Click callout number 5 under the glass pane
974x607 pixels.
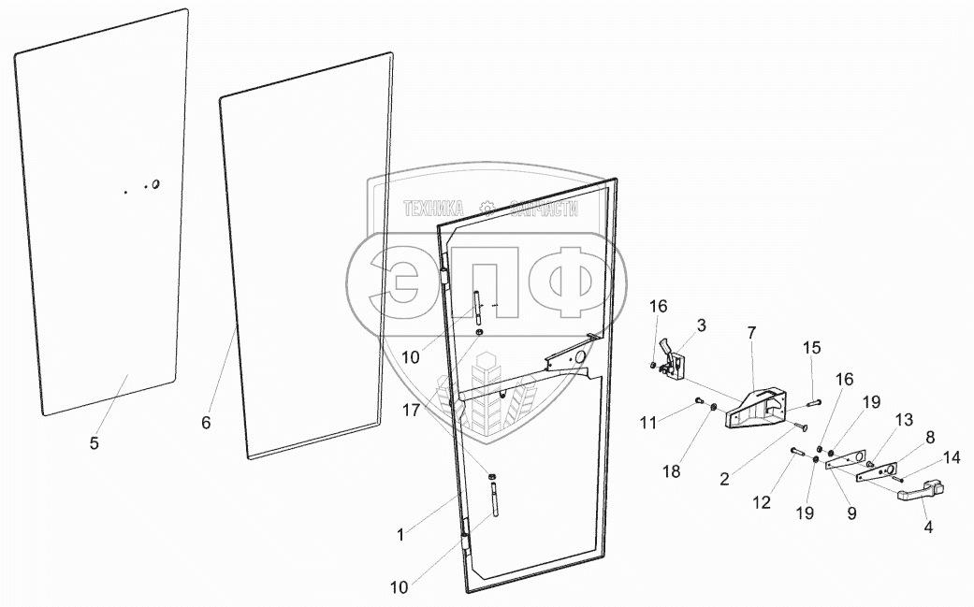pos(94,443)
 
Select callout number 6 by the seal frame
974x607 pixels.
pos(206,423)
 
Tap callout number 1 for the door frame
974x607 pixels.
pos(400,535)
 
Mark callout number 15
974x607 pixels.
pos(811,348)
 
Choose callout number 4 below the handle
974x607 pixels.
pos(928,526)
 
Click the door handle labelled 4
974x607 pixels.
pos(921,491)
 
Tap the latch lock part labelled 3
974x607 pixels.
pos(671,360)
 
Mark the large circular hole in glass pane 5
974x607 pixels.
pos(156,184)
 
